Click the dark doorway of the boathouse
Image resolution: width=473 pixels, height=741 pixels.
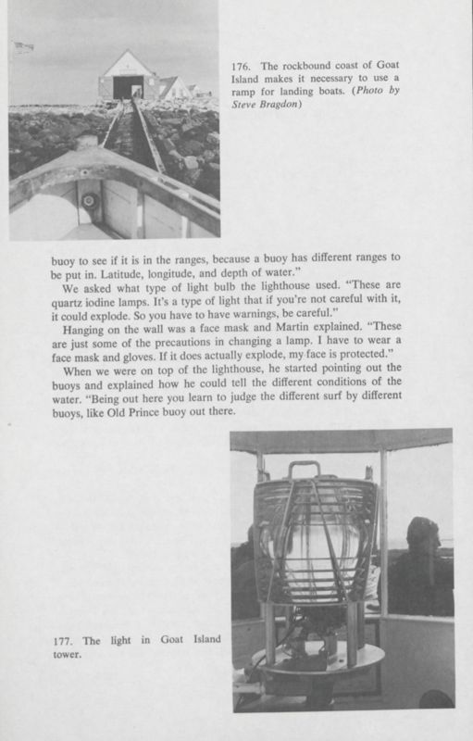pos(128,86)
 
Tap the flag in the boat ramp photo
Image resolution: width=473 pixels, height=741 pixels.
pos(24,46)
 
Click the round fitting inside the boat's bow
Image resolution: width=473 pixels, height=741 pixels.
pos(90,201)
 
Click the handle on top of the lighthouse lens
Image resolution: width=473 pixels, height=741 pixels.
pos(304,469)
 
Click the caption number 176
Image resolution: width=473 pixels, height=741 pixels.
pos(239,68)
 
